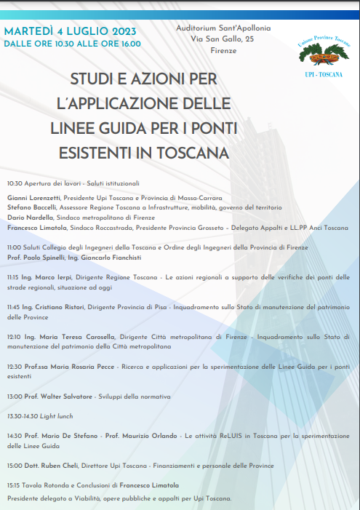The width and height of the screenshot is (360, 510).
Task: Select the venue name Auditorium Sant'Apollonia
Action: [223, 28]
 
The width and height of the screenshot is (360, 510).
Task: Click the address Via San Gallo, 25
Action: [223, 39]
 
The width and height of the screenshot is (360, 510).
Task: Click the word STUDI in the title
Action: [95, 78]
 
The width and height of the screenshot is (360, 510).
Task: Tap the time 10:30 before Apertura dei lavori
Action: [15, 183]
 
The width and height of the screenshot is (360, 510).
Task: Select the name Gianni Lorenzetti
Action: [33, 198]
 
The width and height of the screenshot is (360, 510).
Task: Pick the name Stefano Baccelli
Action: [32, 207]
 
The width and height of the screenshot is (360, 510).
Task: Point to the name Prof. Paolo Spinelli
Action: [36, 258]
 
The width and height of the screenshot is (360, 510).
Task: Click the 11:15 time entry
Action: [14, 277]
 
